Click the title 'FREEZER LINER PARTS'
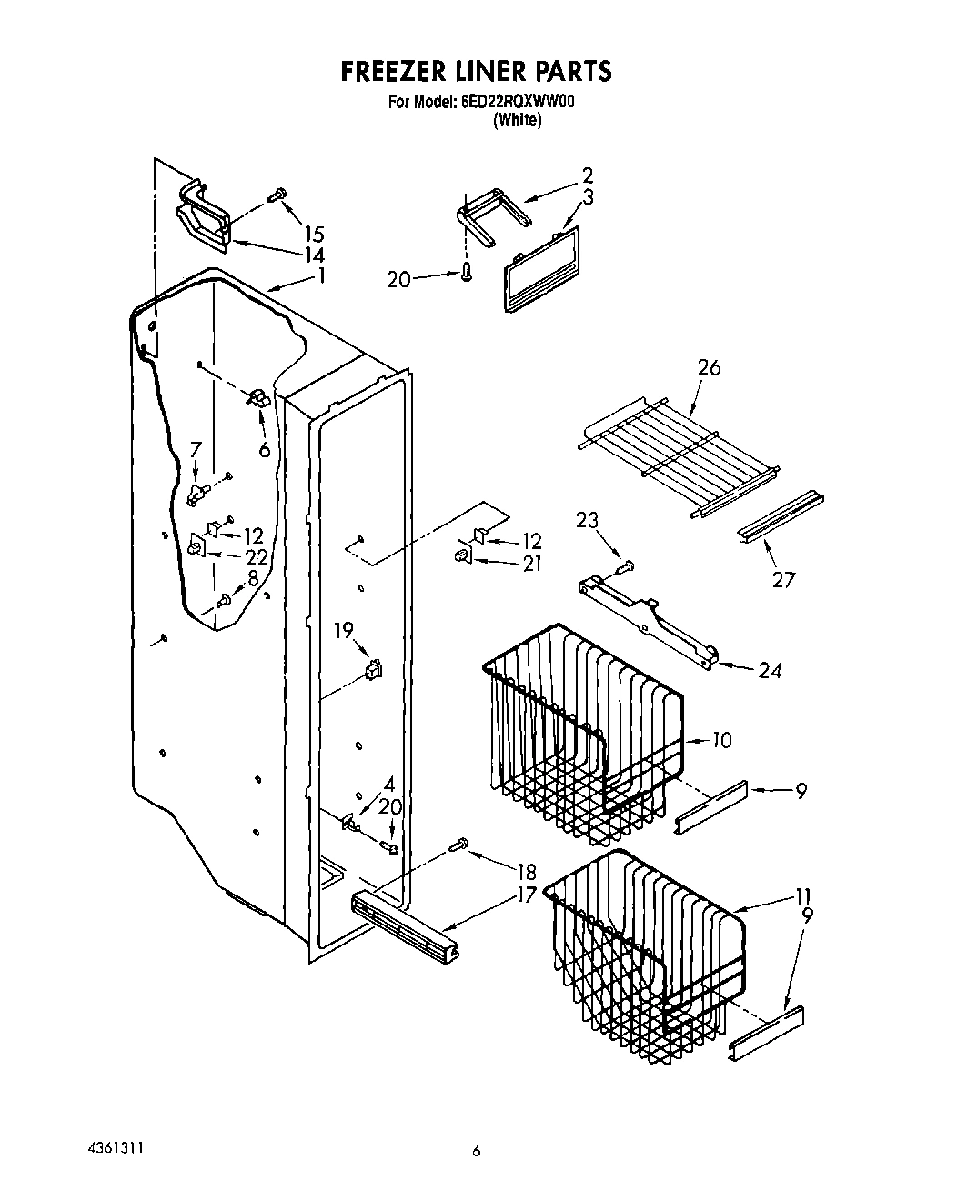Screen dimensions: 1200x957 (x=476, y=71)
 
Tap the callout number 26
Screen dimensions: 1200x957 (x=709, y=368)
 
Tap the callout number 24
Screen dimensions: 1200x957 (x=770, y=671)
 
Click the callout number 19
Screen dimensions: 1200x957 (x=343, y=631)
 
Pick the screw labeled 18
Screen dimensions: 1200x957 (x=459, y=845)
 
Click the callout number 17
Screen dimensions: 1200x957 (x=526, y=895)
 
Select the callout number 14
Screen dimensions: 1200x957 (x=314, y=255)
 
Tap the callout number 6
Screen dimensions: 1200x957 (x=264, y=449)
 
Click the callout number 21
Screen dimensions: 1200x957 (x=531, y=564)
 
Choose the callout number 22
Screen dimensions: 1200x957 (x=257, y=557)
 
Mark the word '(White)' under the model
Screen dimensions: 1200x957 (x=517, y=121)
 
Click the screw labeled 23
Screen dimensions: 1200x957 (x=623, y=568)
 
